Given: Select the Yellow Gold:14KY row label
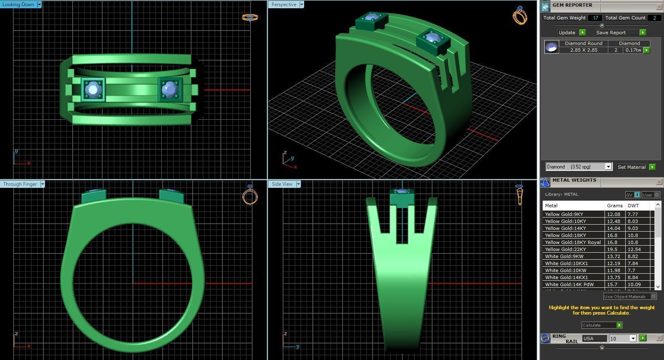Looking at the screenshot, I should click(x=565, y=228).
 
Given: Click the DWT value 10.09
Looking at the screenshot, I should click(x=634, y=284).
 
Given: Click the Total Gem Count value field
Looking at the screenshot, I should click(x=654, y=18).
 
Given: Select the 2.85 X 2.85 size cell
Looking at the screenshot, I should click(x=584, y=50).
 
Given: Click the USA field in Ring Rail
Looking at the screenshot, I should click(x=594, y=339).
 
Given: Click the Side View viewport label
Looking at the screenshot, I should click(x=282, y=184).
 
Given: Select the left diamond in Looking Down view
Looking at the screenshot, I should click(x=93, y=89).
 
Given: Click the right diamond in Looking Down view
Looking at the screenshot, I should click(x=170, y=89).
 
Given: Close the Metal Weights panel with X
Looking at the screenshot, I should click(x=659, y=182).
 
